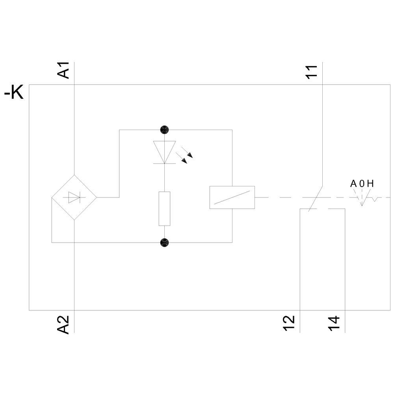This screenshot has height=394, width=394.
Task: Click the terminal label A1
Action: pos(63,70)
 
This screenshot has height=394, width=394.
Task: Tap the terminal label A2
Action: pos(63,325)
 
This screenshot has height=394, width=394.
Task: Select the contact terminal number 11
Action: pos(312,72)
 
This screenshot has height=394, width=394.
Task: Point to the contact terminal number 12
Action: pos(289,323)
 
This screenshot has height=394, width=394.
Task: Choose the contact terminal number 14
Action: pos(334,323)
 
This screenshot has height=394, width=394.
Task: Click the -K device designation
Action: pos(14,93)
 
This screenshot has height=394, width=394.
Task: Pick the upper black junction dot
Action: pos(164,130)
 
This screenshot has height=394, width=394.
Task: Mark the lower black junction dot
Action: pos(164,242)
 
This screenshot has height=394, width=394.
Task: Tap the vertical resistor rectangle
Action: pos(164,208)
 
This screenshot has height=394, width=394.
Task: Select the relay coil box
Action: pos(232,197)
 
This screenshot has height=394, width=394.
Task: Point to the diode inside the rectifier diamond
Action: pos(74,197)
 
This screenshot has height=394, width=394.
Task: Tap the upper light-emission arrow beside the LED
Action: pos(187,152)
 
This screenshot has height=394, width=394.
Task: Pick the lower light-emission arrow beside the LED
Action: pos(181,158)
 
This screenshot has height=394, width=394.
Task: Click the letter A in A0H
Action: pos(353,184)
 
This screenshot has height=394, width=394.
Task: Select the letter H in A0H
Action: pos(370,184)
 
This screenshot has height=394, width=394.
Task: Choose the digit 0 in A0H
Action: pos(362,184)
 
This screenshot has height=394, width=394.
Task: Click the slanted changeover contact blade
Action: pos(315,199)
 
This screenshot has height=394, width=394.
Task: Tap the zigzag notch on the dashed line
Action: pos(375,199)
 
